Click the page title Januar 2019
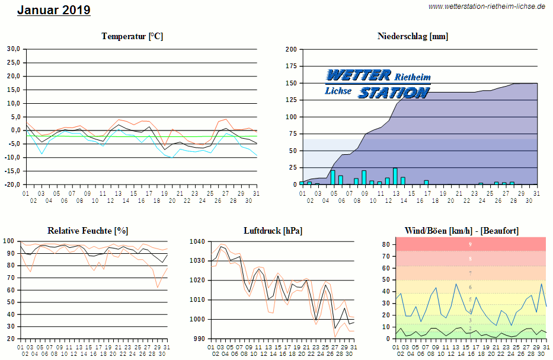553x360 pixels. (54, 10)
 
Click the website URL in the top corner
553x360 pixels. (487, 6)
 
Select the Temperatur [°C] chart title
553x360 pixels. (132, 36)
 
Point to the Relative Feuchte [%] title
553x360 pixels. (88, 231)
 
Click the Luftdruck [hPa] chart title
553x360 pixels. (272, 231)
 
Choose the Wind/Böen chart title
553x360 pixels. (461, 231)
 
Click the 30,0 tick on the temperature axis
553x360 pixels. (12, 49)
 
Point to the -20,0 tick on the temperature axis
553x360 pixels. (12, 184)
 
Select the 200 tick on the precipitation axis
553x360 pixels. (291, 49)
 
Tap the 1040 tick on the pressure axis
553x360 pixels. (197, 241)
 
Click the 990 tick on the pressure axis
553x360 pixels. (199, 339)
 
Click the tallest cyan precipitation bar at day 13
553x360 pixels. (395, 177)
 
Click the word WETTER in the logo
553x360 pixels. (359, 75)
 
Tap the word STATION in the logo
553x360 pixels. (394, 93)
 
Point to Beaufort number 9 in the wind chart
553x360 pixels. (470, 244)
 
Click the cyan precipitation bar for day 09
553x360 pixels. (364, 178)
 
